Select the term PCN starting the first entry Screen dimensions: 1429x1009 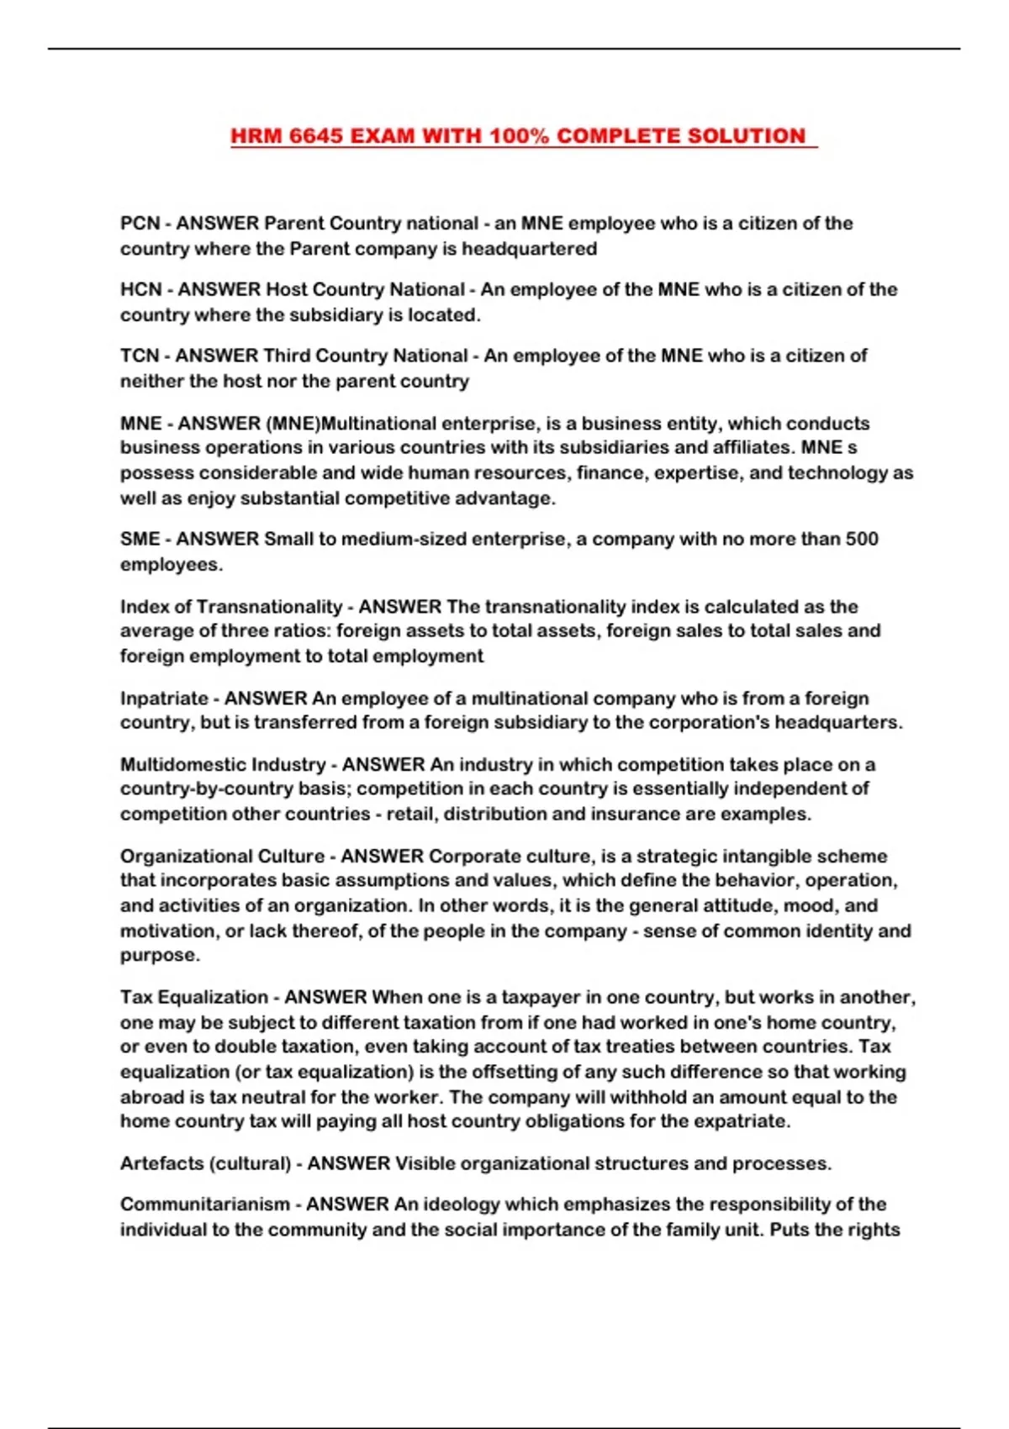click(x=140, y=224)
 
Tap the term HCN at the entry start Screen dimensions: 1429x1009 click(x=140, y=290)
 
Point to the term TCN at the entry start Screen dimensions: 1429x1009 click(x=140, y=356)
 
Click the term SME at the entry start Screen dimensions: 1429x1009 click(x=140, y=539)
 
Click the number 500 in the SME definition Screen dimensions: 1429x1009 click(x=861, y=539)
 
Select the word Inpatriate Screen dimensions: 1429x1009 click(x=164, y=699)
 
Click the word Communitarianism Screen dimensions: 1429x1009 click(x=204, y=1205)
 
